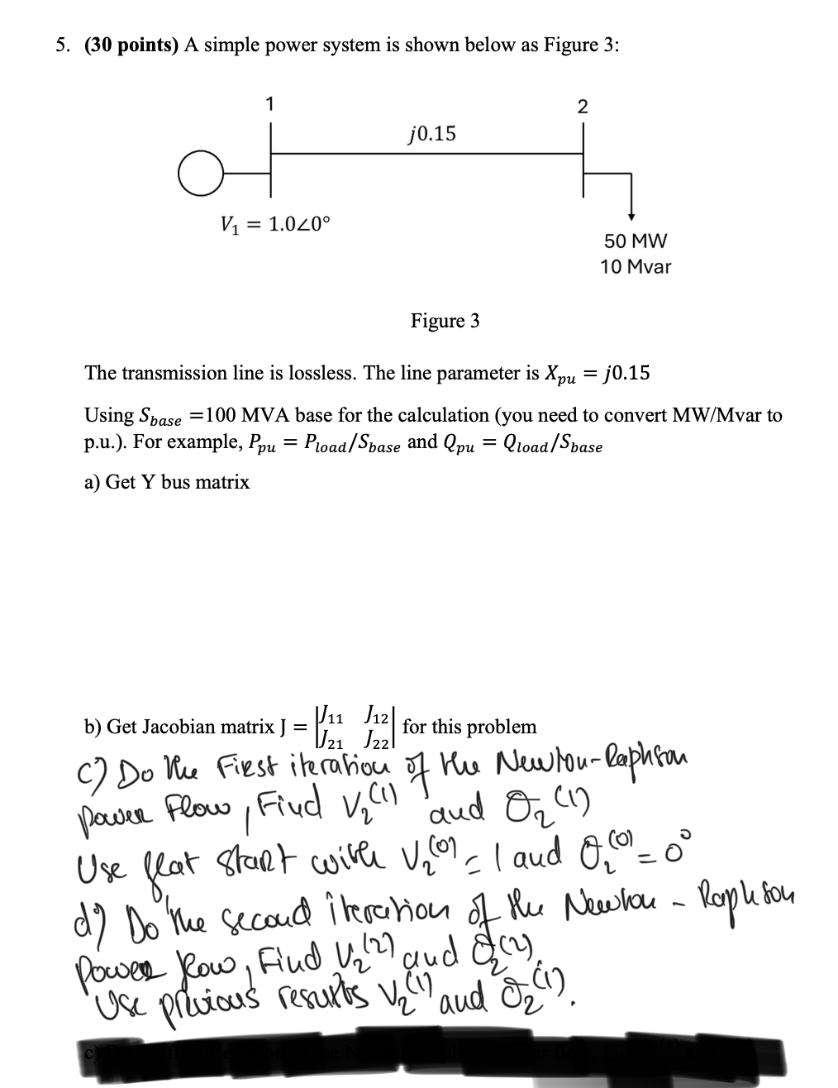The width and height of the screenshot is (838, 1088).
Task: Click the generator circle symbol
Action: coord(196,173)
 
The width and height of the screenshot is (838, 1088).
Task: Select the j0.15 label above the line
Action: coord(431,132)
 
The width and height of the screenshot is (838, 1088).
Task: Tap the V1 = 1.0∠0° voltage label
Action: coord(275,222)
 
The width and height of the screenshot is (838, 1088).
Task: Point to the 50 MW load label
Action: coord(635,241)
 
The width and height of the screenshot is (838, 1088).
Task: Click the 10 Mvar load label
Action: coord(636,267)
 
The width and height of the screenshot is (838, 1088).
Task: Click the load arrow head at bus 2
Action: coord(631,217)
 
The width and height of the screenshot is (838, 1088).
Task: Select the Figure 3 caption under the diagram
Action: coord(445,321)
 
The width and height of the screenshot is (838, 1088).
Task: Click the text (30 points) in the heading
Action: coord(131,46)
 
